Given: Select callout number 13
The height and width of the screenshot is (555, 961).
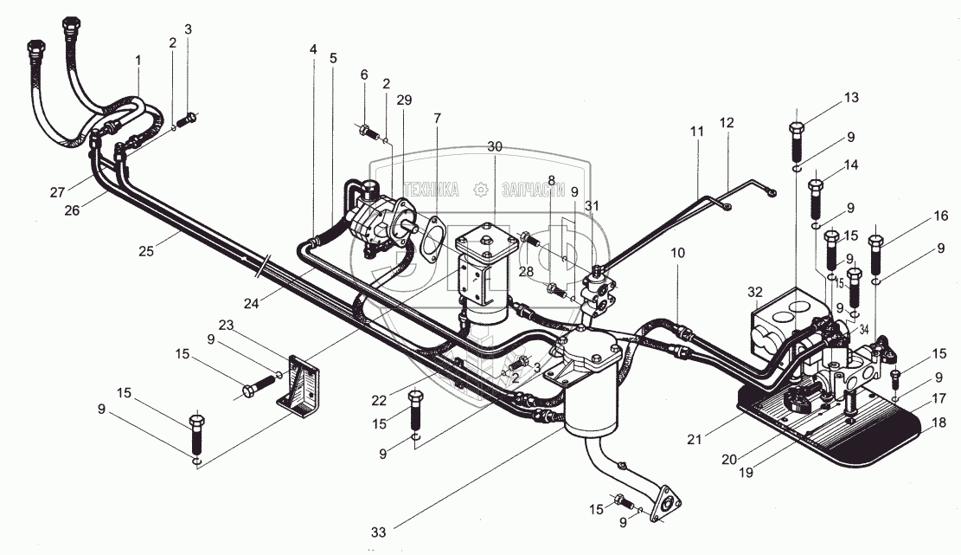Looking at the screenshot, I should pyautogui.click(x=852, y=97).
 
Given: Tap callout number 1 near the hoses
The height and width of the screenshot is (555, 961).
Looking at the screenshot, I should pyautogui.click(x=137, y=61).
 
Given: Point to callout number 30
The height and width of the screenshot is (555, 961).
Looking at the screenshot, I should pyautogui.click(x=494, y=147).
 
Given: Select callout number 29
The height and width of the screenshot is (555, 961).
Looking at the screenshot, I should pyautogui.click(x=404, y=100).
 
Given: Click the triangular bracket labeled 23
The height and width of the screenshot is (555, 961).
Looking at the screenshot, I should pyautogui.click(x=299, y=382).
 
